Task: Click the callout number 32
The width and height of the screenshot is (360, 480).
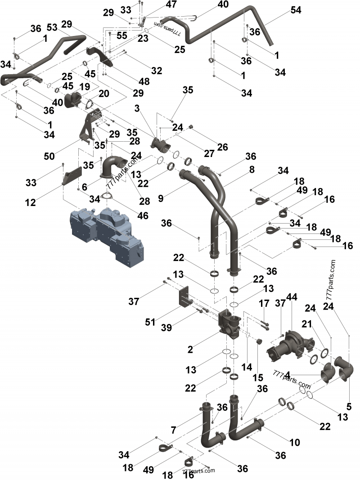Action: (156, 71)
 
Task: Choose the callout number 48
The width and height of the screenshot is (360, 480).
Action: (144, 82)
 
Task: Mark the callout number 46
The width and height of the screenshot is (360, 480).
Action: (143, 215)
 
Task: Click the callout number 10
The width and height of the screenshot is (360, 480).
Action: (294, 443)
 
